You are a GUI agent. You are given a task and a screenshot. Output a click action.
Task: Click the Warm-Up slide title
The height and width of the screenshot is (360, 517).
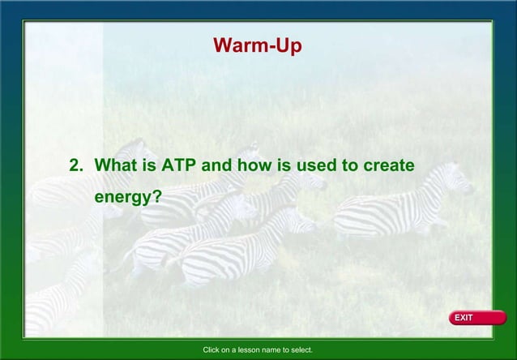[x=258, y=46]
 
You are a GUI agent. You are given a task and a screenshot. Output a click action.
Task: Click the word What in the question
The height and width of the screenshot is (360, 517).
[x=117, y=165]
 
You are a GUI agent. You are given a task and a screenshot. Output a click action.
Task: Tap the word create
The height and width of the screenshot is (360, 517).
[x=389, y=165]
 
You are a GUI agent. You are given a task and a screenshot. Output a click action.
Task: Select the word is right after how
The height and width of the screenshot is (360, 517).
[x=279, y=165]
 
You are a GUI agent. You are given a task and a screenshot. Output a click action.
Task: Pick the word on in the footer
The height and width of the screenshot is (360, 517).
[x=232, y=350]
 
